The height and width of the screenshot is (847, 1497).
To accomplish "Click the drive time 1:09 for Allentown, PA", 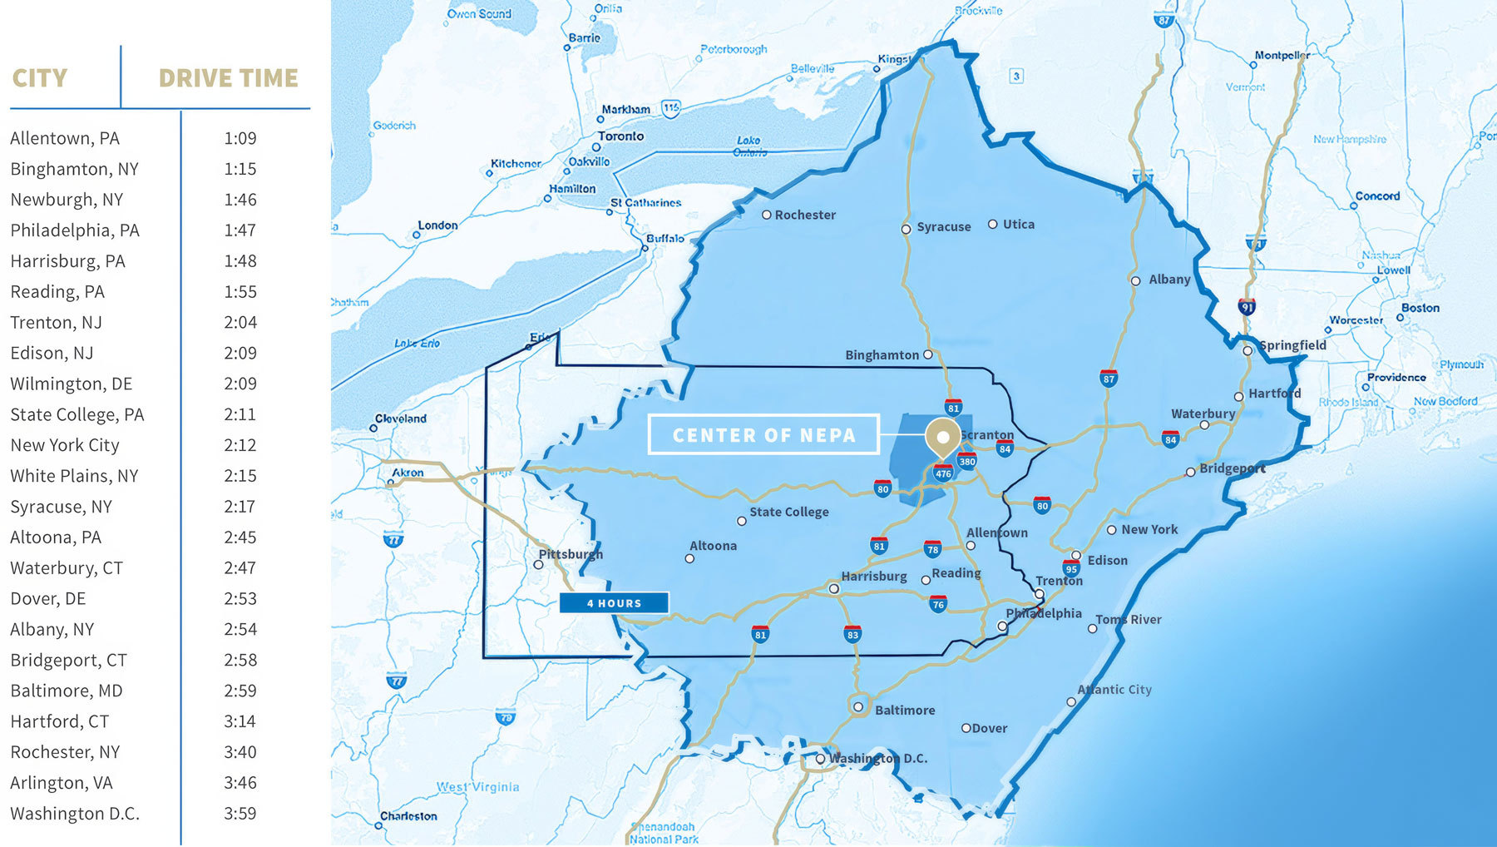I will coord(240,138).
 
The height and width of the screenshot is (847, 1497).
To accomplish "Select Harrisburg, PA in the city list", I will coord(67,261).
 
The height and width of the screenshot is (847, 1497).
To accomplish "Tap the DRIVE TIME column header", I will coord(228,78).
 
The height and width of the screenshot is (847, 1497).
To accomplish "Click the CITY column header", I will coord(40,78).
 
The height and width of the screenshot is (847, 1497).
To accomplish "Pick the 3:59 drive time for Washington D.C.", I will coord(240,814).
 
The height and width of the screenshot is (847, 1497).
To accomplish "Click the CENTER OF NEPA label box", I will coord(763,434).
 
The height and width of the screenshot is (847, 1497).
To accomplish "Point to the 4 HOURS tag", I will coord(614,603).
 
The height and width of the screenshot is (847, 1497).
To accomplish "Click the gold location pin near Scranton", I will coord(942,436).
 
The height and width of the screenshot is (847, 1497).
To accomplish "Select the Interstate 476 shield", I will coord(942,473).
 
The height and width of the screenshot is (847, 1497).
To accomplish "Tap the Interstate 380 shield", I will coord(966,461).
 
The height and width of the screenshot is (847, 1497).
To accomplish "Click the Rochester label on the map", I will coord(804,215).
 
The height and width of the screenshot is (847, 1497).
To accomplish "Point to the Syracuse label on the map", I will coord(943,226).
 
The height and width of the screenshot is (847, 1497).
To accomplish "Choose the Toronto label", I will coord(620,136).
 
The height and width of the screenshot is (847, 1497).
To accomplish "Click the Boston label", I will coord(1420,308).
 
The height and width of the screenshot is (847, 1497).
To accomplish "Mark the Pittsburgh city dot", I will coord(538,565).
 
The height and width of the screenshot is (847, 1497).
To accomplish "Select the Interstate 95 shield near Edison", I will coord(1071,570).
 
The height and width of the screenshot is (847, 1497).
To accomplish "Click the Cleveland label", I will coord(400,419).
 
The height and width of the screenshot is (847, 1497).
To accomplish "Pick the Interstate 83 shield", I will coord(852,635).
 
